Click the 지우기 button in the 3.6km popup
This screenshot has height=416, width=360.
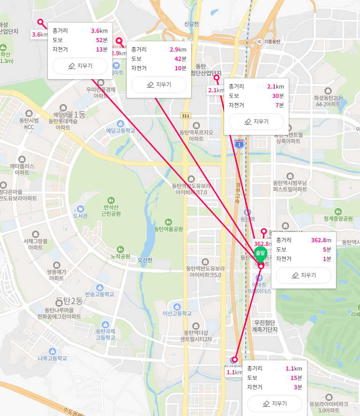coord(80,66)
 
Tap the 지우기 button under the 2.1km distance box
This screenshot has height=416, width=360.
coord(256,122)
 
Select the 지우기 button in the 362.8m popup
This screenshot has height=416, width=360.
coord(304,275)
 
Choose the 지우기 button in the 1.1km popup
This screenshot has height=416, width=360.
coord(275,404)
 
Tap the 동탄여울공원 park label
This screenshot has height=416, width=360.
coord(168,229)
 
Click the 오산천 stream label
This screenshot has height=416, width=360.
coord(145,260)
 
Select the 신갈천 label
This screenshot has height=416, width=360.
coord(192,24)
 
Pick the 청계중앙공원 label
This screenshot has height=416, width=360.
coord(338,218)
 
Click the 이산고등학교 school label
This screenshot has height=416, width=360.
coord(177,313)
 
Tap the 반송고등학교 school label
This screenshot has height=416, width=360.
coord(99,294)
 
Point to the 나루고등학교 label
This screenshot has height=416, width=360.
coord(52,358)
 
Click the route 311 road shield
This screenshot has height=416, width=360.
coord(186,116)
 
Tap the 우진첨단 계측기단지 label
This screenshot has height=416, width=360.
coord(265,326)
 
